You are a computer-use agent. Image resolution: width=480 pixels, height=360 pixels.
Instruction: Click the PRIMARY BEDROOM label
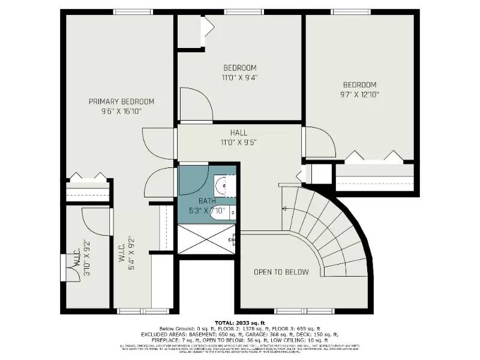(x=121, y=101)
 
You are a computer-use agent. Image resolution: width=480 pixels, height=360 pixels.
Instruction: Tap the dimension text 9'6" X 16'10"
(x=121, y=111)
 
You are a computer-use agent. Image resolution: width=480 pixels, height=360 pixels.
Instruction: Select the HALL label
(x=238, y=133)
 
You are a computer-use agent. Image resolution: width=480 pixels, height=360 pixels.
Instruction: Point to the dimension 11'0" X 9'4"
(x=240, y=77)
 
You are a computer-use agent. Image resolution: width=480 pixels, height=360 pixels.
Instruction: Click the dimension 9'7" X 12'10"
(x=359, y=94)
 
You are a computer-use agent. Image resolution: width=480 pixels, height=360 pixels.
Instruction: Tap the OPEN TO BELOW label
(x=281, y=272)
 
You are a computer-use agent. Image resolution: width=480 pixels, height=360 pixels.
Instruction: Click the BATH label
(x=206, y=201)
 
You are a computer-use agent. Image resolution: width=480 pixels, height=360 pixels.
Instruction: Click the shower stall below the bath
(x=208, y=239)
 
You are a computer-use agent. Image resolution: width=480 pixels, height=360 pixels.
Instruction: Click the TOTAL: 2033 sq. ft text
(x=240, y=323)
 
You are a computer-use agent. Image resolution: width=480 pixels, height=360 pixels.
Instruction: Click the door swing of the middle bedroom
(x=196, y=105)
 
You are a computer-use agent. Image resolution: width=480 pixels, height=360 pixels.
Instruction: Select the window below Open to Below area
(x=294, y=311)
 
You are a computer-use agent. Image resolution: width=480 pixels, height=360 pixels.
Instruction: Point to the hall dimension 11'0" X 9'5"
(x=238, y=142)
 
